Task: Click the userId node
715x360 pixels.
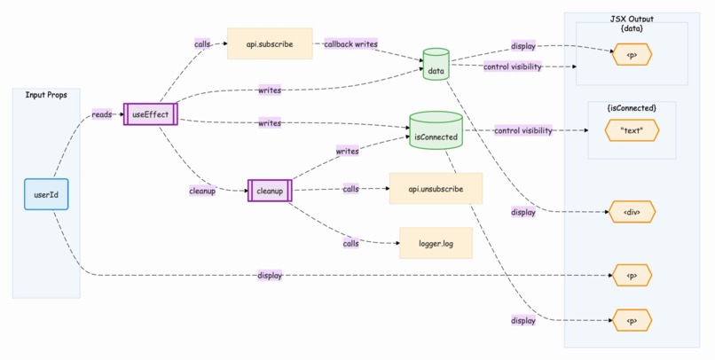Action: [46, 194]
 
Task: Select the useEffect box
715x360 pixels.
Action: [150, 114]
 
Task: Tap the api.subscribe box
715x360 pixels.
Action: [270, 43]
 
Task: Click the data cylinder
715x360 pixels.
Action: [436, 65]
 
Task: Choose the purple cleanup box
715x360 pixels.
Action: [269, 191]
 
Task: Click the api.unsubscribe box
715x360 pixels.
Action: [435, 189]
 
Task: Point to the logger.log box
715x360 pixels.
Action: [435, 243]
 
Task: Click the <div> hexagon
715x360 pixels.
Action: [632, 212]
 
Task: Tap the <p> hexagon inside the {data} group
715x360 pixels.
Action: [632, 55]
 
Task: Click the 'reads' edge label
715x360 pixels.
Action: [102, 114]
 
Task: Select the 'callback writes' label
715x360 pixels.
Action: [351, 43]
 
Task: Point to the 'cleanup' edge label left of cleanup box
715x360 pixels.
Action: [202, 191]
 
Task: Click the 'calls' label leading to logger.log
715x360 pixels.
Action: [351, 243]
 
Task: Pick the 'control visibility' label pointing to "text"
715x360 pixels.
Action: [522, 130]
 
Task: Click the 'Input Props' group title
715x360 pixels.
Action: [46, 95]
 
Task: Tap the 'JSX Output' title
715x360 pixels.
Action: [632, 19]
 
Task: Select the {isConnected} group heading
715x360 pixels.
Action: [632, 107]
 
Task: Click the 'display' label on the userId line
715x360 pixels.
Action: [270, 276]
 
